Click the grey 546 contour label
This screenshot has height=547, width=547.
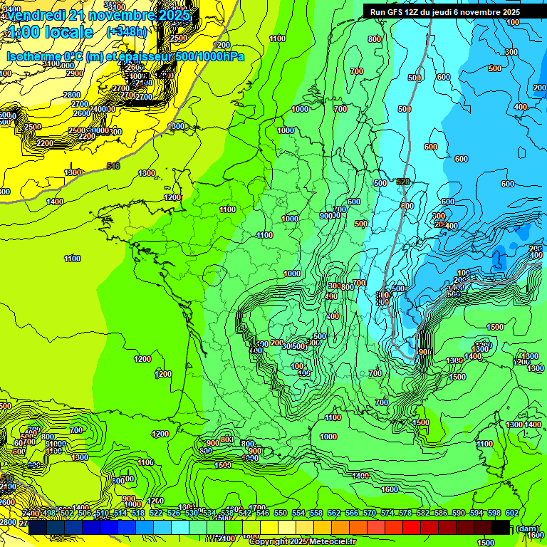click(113, 166)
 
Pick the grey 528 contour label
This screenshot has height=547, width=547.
click(404, 183)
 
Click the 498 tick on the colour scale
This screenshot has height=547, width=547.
click(48, 514)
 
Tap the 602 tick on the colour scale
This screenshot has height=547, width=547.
click(511, 514)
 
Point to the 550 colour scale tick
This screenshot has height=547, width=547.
click(280, 514)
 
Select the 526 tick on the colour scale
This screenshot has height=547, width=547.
click(173, 514)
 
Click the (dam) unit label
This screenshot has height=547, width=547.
click(527, 528)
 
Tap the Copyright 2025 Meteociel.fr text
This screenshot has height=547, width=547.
click(302, 541)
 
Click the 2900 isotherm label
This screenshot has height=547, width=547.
click(74, 73)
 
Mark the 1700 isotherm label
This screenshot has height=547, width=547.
click(258, 508)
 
